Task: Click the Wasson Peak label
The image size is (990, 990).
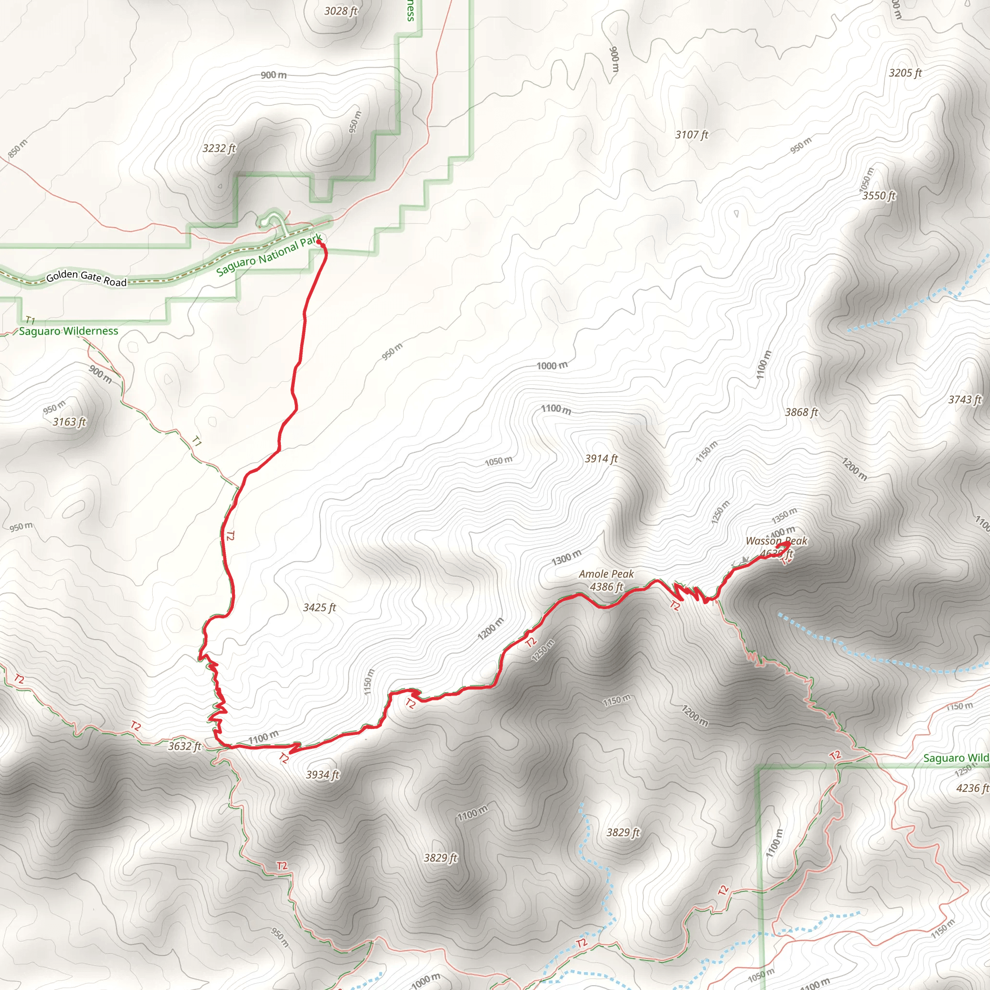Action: [x=776, y=541]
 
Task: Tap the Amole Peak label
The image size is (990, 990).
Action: [x=606, y=574]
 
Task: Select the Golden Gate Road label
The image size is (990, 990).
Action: [x=86, y=278]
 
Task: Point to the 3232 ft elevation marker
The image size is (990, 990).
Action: [x=219, y=148]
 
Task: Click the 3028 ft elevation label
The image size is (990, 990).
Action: [x=341, y=11]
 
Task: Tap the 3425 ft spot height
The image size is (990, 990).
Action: [x=319, y=608]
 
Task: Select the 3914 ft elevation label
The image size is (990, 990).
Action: [x=601, y=459]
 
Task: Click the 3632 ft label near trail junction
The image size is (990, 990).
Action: [x=185, y=746]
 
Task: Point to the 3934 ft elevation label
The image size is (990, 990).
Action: [x=322, y=775]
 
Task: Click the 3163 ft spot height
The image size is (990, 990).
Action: [x=69, y=422]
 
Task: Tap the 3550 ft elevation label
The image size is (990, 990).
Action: [x=879, y=196]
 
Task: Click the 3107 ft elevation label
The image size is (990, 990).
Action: [x=691, y=135]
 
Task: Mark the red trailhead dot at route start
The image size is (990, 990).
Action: [x=319, y=242]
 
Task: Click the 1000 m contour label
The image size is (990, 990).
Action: [x=552, y=365]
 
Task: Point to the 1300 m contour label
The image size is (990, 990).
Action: [x=566, y=557]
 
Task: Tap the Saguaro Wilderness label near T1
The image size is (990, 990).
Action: [x=69, y=331]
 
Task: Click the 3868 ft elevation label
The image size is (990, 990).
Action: [x=801, y=412]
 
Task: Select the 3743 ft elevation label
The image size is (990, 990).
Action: [x=964, y=400]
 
